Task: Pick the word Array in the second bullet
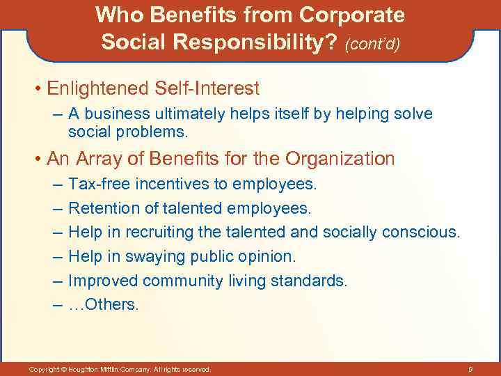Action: tap(95, 159)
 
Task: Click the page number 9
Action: tap(471, 368)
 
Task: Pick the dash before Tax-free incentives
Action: tap(56, 184)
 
